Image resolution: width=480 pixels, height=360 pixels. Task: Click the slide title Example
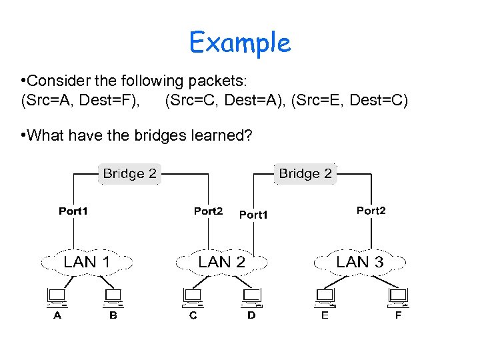240,43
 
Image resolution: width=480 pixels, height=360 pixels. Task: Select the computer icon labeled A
56,295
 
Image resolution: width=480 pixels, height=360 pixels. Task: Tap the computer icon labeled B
112,295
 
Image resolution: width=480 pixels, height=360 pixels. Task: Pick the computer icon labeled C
193,295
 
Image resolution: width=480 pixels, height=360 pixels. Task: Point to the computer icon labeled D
251,295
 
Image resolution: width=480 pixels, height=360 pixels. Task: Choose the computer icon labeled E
325,295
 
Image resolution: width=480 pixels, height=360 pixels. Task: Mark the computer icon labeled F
398,295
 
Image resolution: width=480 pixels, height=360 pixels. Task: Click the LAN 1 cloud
87,262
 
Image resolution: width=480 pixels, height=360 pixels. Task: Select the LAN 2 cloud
222,262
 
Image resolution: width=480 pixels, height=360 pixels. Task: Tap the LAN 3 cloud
360,262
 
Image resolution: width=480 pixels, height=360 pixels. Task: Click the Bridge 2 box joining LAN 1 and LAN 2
129,173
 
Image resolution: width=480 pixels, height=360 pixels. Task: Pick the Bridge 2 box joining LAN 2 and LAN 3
305,173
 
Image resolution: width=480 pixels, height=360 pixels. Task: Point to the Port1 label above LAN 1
73,211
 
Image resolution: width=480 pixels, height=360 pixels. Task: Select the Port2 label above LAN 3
371,211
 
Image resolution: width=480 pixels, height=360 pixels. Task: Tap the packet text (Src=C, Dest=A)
225,100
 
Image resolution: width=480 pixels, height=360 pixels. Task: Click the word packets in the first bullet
215,81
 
